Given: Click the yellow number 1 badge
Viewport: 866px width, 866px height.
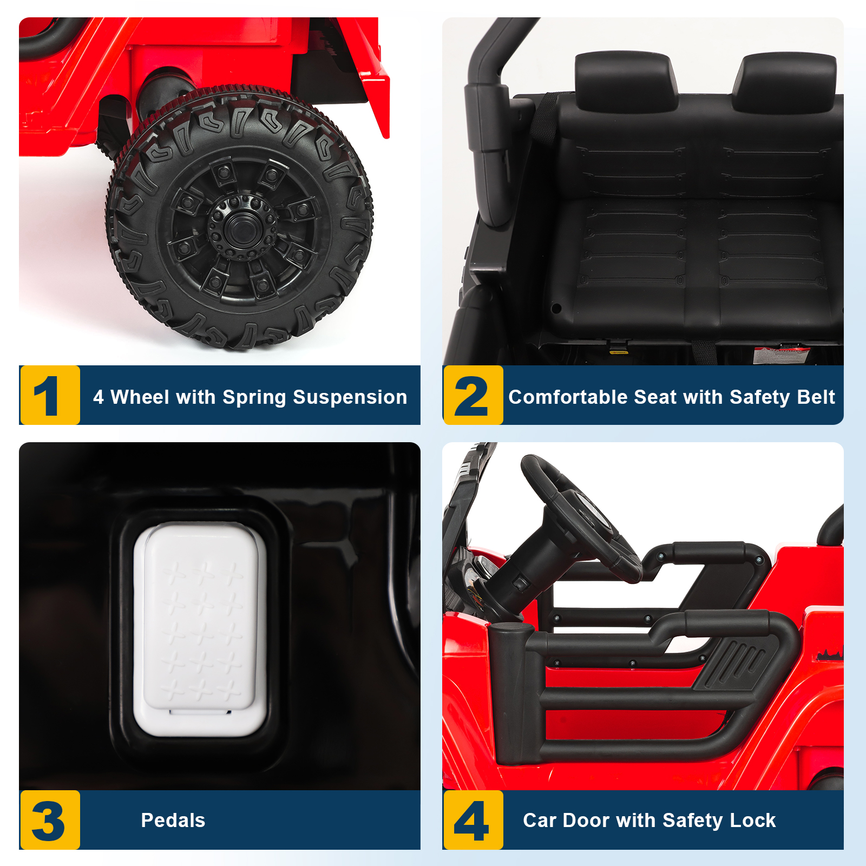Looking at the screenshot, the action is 50,395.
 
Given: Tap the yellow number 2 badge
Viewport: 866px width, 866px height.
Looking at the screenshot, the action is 473,395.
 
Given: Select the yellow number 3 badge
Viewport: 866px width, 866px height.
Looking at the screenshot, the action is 50,820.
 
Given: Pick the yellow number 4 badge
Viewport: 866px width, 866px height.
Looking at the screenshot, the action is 473,820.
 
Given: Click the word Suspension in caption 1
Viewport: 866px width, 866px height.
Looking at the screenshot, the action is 350,398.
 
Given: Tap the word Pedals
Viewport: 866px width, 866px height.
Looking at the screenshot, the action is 173,821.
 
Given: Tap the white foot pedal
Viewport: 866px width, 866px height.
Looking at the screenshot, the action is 200,629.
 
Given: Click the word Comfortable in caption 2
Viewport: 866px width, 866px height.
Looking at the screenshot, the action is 566,397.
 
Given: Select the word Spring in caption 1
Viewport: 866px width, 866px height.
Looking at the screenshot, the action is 254,398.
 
